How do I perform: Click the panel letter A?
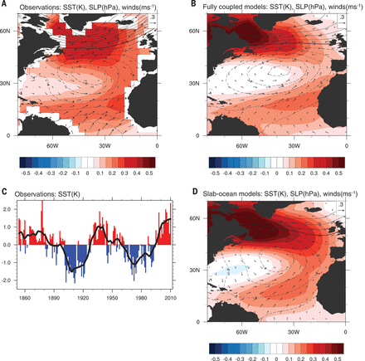pos(4,5)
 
